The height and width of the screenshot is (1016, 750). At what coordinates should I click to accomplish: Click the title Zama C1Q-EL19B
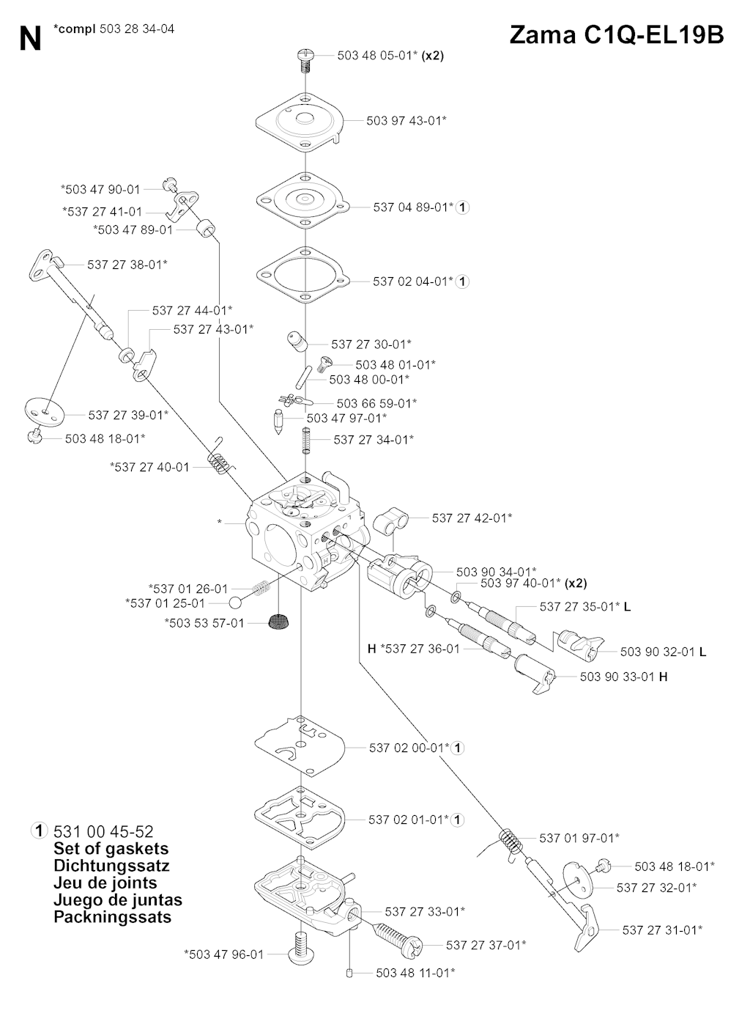point(616,34)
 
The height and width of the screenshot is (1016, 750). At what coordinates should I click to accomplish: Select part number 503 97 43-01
point(406,120)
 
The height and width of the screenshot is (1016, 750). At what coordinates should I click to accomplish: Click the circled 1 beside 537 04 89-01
point(462,207)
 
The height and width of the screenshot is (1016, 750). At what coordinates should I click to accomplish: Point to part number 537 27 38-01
point(127,265)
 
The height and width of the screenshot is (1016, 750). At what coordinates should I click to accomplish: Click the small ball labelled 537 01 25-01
point(236,603)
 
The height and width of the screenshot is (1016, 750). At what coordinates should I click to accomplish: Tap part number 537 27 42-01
point(472,518)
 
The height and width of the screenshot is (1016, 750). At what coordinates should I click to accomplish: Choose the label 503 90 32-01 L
point(663,652)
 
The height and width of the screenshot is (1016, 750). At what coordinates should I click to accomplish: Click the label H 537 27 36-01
point(414,648)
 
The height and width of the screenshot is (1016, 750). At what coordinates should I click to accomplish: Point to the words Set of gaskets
point(111,849)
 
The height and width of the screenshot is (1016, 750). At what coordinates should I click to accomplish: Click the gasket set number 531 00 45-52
point(103,831)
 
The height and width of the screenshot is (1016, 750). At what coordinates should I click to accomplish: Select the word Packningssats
point(112,917)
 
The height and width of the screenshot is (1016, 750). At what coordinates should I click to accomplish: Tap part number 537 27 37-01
point(486,945)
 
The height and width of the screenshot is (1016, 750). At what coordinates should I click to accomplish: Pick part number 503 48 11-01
point(415,973)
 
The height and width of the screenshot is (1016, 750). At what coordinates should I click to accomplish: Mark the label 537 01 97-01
point(579,838)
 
